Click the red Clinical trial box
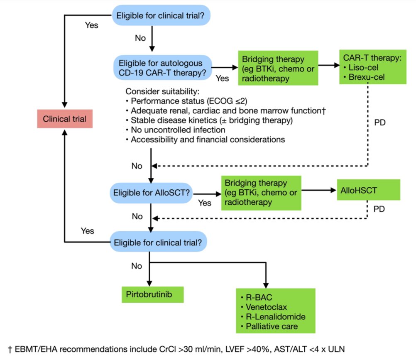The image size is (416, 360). click(64, 119)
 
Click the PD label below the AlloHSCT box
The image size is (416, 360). click(379, 209)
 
